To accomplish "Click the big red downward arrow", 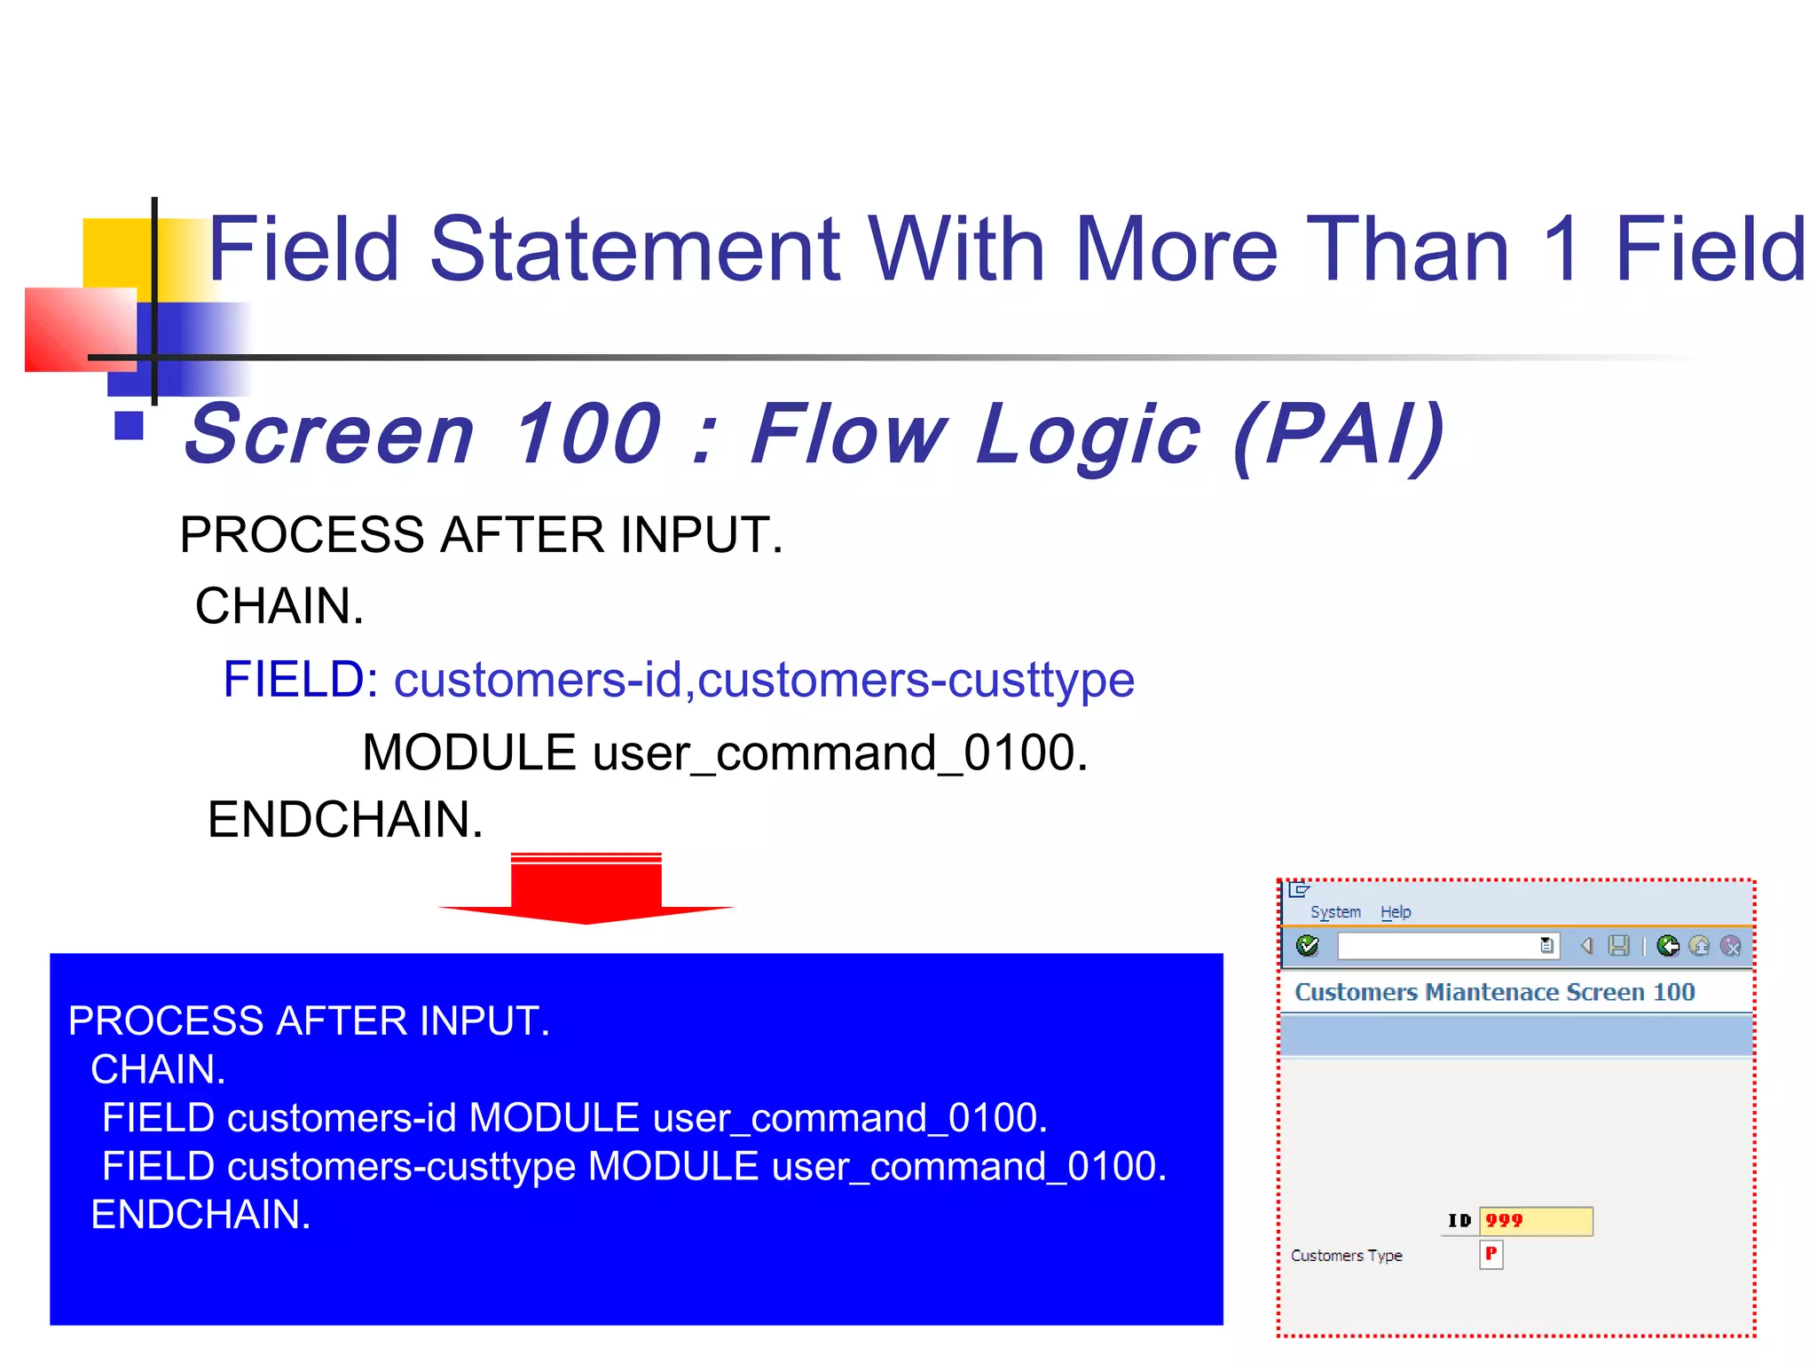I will point(586,887).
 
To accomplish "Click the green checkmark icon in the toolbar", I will point(1308,946).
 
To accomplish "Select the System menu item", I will point(1335,912).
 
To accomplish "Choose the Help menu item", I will point(1396,912).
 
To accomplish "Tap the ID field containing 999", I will point(1536,1221).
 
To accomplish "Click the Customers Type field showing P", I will point(1491,1254).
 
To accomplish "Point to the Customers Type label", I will point(1346,1256).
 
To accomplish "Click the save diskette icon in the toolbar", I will point(1619,946).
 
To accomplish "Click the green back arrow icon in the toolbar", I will point(1668,946).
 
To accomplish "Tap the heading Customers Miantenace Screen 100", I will point(1494,992).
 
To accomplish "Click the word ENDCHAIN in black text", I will point(344,819).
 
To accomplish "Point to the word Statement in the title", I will point(634,250).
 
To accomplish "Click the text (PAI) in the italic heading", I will point(1339,434).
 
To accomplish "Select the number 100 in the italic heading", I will point(587,434).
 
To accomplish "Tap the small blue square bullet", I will point(130,426).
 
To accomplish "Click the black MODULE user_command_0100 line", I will point(724,752).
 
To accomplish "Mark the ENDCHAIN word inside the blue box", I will point(201,1215).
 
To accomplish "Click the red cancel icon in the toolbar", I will point(1730,946).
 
